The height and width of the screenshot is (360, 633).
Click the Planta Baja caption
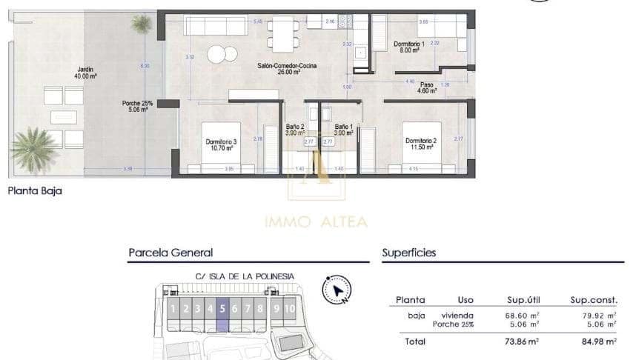[34, 190]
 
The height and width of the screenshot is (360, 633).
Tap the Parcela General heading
[170, 253]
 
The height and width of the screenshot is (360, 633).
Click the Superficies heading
[408, 253]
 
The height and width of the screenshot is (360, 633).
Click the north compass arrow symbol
[337, 289]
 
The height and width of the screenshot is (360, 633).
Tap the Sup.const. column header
[594, 300]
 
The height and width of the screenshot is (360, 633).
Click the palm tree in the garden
[33, 148]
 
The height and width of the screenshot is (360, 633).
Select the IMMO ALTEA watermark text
[316, 221]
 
